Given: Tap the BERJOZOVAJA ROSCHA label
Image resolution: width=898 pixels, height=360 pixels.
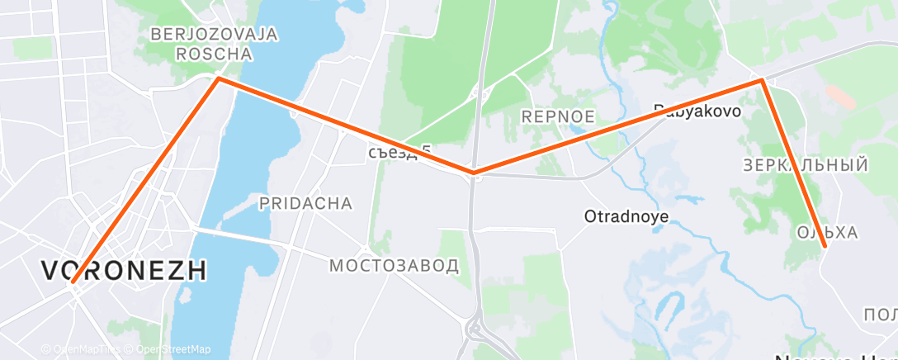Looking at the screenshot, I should pos(214,45).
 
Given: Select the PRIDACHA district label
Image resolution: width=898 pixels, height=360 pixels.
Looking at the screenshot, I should pos(305,203).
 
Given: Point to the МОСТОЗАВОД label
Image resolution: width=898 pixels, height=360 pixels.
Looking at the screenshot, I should pos(394,266).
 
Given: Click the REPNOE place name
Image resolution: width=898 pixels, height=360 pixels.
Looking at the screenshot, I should pos(558,117).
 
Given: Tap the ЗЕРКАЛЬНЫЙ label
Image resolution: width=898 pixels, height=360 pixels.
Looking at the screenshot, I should pos(806,165).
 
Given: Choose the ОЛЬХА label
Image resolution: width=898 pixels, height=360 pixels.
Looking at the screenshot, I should pos(828,233).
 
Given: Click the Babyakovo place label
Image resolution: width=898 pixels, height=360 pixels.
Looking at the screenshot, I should pos(697,110).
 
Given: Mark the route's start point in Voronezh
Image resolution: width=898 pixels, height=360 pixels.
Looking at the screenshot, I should pos(73,282).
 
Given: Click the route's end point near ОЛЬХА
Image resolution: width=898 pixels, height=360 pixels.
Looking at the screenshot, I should pos(825,246).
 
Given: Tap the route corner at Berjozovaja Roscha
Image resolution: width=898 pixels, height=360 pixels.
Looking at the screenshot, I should pos(217,78).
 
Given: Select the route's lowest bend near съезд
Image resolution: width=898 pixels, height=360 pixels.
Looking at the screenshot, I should pos(473,173).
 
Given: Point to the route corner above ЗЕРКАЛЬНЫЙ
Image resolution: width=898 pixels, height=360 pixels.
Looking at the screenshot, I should pos(761,80).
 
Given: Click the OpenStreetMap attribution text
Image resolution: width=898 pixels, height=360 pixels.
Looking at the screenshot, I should pos(173,349).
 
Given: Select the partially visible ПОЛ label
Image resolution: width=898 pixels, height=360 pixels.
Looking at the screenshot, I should pos(880,315).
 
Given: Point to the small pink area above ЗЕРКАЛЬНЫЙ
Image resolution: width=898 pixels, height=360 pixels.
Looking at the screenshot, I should pos(840,96).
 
